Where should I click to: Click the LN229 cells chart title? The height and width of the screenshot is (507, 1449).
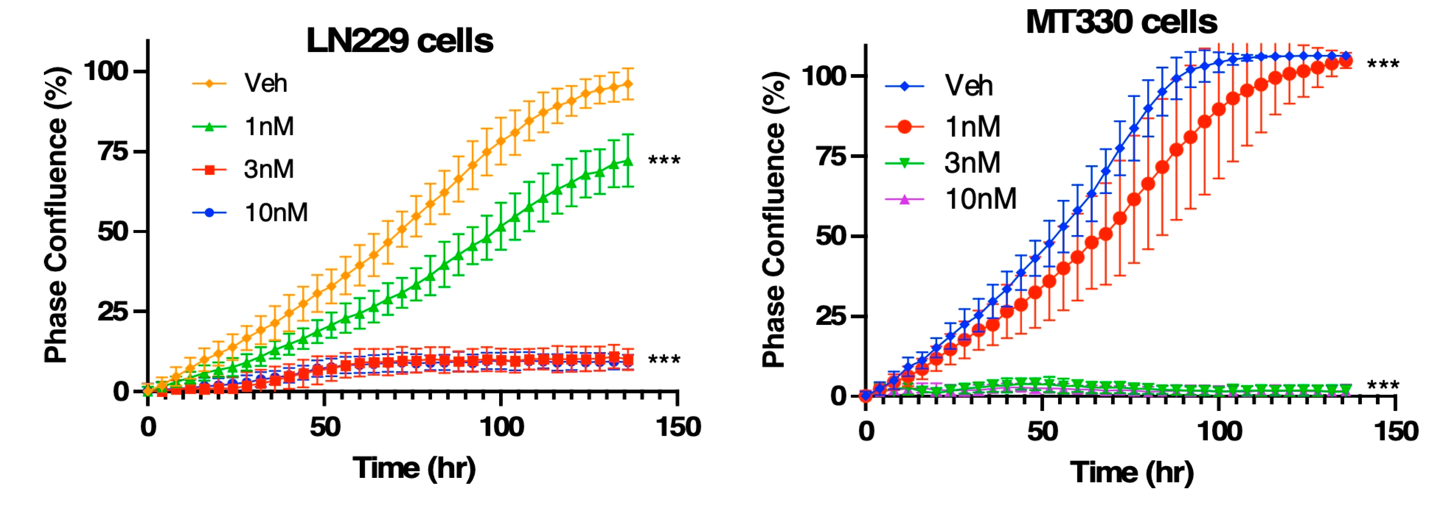tap(400, 41)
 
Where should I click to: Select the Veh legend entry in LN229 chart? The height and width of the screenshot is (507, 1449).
tap(265, 83)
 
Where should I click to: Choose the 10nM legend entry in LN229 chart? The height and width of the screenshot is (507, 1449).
tap(276, 212)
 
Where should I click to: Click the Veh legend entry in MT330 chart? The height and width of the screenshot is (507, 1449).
tap(968, 86)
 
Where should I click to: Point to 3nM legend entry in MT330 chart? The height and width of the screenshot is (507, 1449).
tap(972, 163)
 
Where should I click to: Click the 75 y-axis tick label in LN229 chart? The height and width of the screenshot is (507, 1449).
tap(114, 151)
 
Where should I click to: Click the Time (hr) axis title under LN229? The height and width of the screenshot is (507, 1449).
tap(414, 468)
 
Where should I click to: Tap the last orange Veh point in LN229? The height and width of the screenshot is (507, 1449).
tap(628, 84)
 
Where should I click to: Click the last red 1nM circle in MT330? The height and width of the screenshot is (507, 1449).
tap(1345, 61)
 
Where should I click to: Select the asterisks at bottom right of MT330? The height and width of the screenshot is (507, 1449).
tap(1383, 386)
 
